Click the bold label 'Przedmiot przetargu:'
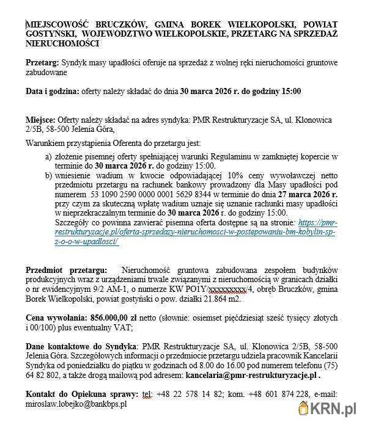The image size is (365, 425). [65, 269]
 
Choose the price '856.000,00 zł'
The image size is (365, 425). [119, 318]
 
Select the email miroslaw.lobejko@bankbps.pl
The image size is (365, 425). [76, 404]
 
